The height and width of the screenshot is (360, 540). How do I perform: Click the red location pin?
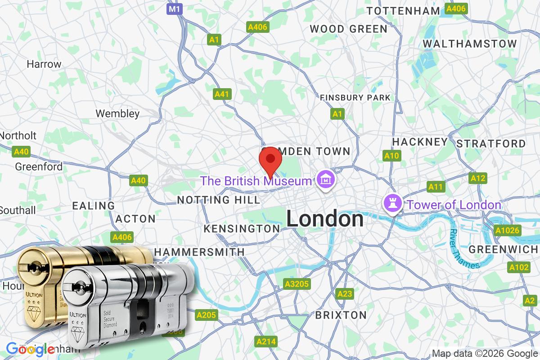tap(270, 160)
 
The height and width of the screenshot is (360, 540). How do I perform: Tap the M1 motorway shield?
tap(174, 9)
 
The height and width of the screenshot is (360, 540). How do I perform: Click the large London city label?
tap(325, 219)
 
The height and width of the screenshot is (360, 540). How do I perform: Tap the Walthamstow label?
tap(470, 44)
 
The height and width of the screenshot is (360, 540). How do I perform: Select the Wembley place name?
tap(117, 113)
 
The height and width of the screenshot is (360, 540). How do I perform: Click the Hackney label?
tap(420, 142)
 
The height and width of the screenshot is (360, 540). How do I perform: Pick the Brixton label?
tap(341, 315)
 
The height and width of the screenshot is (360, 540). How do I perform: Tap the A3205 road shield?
tap(297, 283)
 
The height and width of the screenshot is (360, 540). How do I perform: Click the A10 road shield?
tap(391, 156)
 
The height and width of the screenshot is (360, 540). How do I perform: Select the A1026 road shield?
tap(507, 231)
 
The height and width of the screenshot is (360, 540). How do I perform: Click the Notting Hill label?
tap(219, 199)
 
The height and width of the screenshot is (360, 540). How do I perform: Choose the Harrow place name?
tap(44, 64)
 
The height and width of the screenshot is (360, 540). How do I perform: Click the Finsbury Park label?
tap(355, 97)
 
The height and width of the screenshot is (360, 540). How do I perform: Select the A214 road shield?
tap(265, 342)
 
